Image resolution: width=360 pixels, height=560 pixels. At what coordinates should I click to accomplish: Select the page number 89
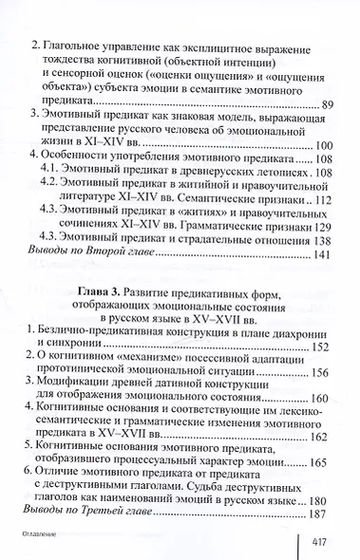tap(324, 103)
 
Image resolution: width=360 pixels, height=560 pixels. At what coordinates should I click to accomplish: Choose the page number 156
tap(320, 371)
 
